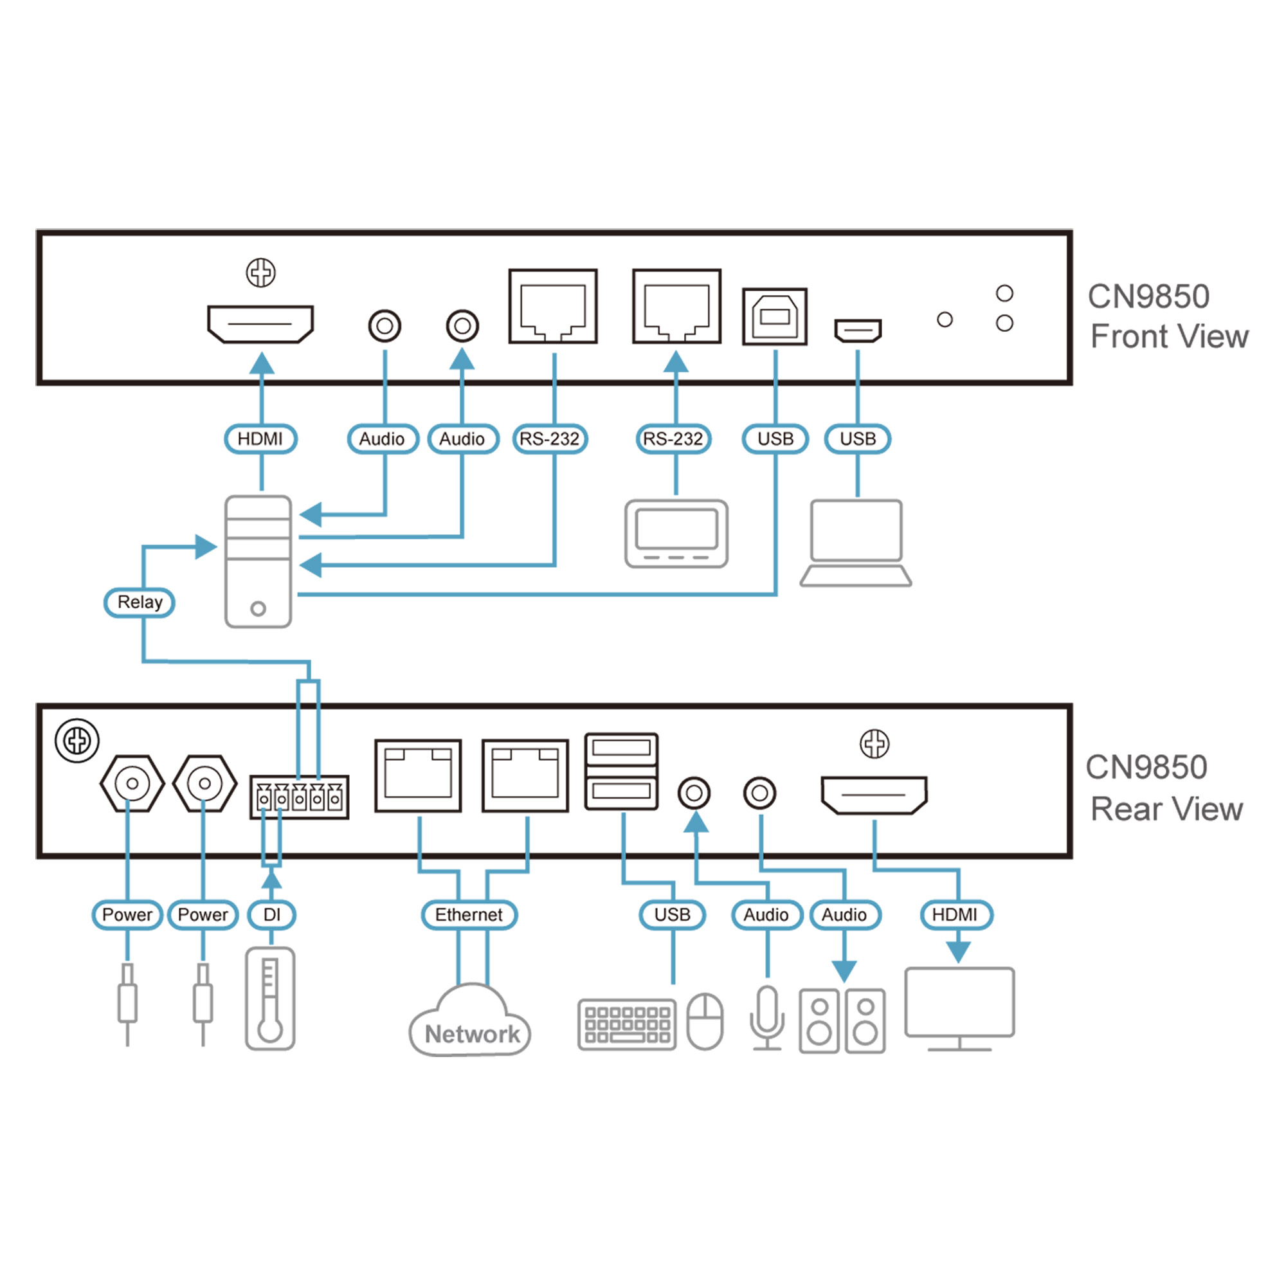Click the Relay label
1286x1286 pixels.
(139, 602)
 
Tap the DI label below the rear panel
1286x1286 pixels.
(271, 914)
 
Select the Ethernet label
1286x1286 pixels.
(469, 914)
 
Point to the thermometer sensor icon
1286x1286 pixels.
(269, 999)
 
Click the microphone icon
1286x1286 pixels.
(767, 1018)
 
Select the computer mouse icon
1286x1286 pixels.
(705, 1021)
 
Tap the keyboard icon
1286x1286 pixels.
(626, 1024)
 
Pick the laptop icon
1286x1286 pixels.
(856, 543)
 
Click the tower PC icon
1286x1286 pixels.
(258, 562)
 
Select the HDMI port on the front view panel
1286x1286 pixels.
(260, 324)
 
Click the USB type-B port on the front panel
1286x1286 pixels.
(775, 317)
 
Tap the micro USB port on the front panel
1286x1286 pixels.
(858, 330)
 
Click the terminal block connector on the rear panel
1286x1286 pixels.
(299, 797)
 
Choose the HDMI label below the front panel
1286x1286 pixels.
(260, 439)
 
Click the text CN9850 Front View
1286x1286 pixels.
(1168, 316)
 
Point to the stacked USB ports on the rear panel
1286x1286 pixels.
(621, 772)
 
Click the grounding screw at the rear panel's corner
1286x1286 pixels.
(77, 741)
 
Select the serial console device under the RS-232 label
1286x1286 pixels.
(676, 534)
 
